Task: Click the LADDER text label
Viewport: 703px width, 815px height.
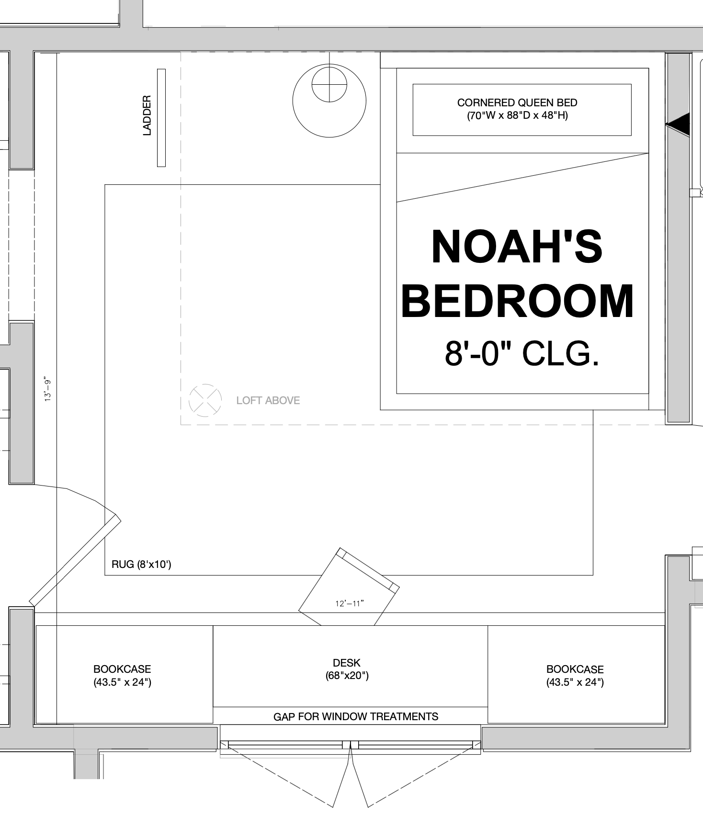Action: point(147,115)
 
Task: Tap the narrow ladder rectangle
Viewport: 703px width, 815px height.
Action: point(161,118)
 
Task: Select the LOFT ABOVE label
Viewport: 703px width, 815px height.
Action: point(268,400)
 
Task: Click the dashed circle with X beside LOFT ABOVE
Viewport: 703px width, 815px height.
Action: point(205,400)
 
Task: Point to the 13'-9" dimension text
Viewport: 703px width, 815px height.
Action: point(48,390)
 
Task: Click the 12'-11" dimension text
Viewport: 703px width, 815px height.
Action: point(350,603)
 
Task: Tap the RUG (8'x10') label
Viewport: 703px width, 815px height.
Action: point(141,564)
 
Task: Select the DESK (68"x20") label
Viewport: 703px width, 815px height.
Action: point(347,669)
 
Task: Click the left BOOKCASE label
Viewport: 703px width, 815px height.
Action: point(122,676)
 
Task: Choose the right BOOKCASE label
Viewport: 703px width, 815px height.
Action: point(575,676)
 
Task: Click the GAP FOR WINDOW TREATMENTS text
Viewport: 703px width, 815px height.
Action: point(356,716)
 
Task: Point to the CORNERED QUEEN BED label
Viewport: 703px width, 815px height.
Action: point(517,109)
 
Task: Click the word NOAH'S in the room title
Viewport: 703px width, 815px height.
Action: point(517,247)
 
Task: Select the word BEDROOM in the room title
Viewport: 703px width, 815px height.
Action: point(518,301)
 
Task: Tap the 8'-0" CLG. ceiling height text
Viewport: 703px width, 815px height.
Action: point(522,353)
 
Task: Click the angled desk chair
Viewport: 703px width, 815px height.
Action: point(349,587)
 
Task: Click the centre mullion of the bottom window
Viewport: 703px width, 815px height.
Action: point(351,745)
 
